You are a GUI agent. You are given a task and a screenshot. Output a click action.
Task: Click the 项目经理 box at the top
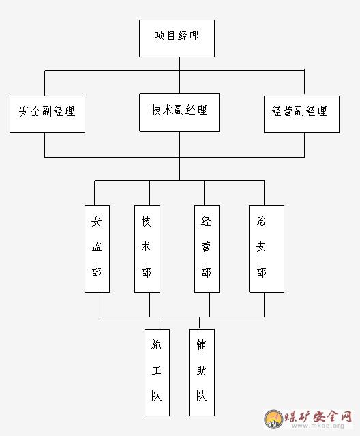[x=177, y=38]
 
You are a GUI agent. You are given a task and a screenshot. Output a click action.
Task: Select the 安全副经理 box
[x=47, y=114]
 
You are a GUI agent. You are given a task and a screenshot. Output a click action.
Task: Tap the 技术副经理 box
[x=179, y=113]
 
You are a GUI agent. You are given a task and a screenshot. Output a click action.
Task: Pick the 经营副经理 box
[x=301, y=114]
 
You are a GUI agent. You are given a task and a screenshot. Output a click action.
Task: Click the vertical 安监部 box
[x=97, y=249]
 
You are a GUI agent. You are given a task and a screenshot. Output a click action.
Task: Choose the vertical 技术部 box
[x=147, y=249]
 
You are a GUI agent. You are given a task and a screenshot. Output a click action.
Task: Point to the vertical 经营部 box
[x=207, y=249]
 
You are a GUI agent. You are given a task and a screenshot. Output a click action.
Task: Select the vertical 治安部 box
[x=267, y=249]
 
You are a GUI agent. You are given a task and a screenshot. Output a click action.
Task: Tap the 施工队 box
[x=157, y=373]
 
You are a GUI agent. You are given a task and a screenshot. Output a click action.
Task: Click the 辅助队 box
[x=202, y=373]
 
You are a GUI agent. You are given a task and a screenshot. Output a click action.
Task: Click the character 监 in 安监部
[x=97, y=246]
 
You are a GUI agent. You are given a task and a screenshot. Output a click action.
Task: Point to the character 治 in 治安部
[x=261, y=221]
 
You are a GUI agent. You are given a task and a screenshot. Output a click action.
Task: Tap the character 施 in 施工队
[x=156, y=345]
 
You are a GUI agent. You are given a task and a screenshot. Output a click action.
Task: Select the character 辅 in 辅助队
[x=201, y=345]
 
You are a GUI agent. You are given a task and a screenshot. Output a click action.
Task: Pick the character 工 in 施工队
[x=156, y=370]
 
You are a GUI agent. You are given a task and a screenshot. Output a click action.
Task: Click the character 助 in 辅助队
[x=201, y=370]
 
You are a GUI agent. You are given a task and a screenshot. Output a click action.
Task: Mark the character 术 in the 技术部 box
[x=146, y=246]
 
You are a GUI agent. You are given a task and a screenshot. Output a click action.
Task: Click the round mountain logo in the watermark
[x=273, y=419]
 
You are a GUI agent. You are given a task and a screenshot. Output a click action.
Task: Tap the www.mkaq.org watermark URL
[x=318, y=426]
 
